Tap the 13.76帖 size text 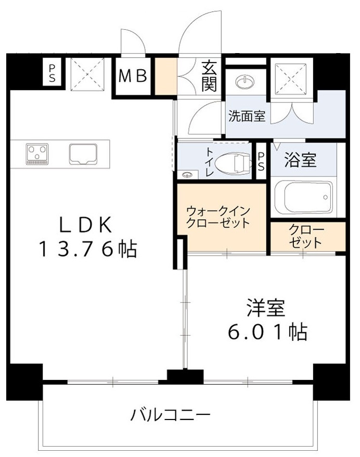point(86,250)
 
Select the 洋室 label point(265,308)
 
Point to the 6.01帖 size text point(267,332)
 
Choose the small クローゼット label point(306,236)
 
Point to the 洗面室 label point(247,117)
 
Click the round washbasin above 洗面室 point(243,82)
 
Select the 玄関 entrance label point(209,76)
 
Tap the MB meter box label point(133,77)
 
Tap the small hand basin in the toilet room point(187,174)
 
